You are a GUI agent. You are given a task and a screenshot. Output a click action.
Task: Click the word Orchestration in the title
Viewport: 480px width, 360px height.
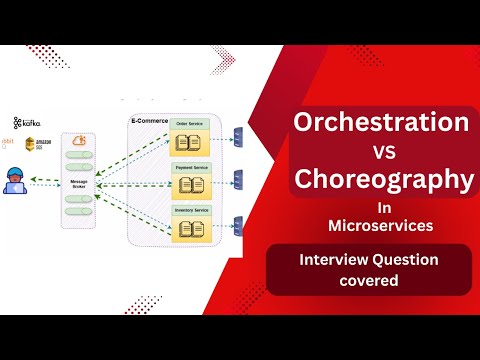click(x=379, y=124)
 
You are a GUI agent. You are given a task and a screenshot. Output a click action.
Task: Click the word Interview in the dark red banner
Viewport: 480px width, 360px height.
click(x=327, y=260)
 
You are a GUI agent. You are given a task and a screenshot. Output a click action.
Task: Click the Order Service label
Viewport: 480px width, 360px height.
click(x=190, y=125)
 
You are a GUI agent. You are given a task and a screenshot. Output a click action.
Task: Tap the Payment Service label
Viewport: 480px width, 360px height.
click(x=190, y=167)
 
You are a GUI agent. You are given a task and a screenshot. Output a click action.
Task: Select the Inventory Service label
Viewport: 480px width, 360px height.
click(x=190, y=209)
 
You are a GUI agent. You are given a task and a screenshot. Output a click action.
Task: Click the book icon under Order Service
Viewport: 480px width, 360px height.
click(x=190, y=142)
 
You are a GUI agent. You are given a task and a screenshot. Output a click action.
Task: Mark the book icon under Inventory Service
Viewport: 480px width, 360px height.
click(x=190, y=227)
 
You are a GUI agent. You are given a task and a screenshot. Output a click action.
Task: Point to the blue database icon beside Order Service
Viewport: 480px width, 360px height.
click(x=238, y=136)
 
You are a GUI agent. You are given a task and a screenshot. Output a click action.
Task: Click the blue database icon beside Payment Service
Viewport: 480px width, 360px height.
click(x=238, y=179)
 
